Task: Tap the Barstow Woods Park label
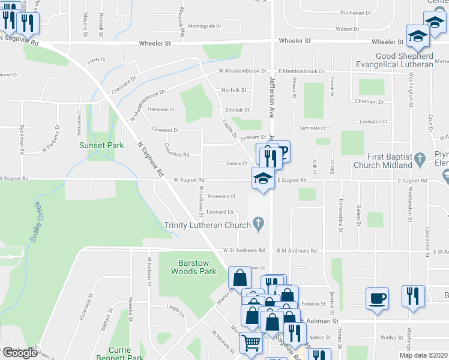[196, 267]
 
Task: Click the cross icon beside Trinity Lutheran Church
[259, 225]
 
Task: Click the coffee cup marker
[377, 298]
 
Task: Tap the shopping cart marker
[251, 343]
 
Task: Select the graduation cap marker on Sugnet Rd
[262, 178]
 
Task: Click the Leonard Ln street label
[220, 212]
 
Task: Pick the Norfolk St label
[234, 90]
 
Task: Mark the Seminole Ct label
[312, 128]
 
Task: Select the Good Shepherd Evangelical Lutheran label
[394, 60]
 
